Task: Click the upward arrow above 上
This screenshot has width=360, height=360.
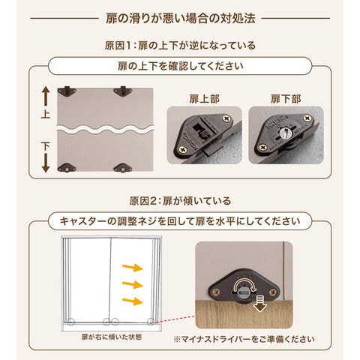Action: point(46,96)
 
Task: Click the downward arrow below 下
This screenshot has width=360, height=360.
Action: point(46,163)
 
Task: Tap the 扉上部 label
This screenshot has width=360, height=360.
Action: point(205,99)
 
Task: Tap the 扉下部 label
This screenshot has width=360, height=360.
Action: point(286,99)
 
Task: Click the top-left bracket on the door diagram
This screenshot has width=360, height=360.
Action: point(67,91)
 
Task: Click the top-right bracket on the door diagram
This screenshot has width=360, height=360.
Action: point(123,91)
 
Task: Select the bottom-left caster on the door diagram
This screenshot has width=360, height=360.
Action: point(67,167)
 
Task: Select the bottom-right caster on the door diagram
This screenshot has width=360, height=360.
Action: point(123,167)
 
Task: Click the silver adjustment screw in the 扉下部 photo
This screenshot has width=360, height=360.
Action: point(284,132)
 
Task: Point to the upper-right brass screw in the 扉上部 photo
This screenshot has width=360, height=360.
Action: point(226,118)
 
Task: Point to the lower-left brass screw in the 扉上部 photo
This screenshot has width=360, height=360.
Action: point(182,150)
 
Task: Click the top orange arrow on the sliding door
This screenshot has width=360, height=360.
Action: point(133,268)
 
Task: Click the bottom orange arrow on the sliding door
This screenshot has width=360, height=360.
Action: point(133,301)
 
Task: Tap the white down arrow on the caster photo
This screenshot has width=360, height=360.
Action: point(260,303)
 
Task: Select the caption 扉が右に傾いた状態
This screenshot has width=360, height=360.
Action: point(112,337)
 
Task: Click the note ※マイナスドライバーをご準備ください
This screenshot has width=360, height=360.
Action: point(244,339)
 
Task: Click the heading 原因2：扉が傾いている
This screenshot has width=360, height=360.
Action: point(180,201)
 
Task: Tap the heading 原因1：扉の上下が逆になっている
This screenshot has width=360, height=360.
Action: point(180,46)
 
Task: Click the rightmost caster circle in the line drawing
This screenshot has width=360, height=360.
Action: point(151,322)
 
